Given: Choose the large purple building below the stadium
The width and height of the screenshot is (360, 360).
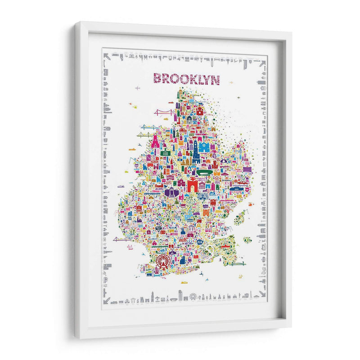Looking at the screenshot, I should pos(171,192).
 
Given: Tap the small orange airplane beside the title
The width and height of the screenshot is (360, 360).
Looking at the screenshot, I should pos(231,83).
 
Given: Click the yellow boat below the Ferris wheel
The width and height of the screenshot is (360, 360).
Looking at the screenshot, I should pos(184,282).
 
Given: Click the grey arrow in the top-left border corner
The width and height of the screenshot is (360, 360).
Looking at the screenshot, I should pos(106,56).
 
